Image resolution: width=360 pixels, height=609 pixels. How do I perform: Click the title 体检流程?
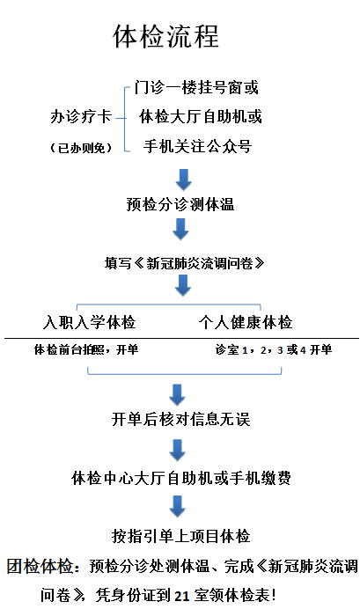tap(165, 36)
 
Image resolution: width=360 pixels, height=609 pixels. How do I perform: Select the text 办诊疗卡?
tap(81, 116)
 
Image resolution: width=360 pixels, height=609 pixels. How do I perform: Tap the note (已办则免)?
tap(81, 148)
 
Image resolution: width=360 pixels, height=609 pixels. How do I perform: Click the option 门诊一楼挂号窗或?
tap(196, 87)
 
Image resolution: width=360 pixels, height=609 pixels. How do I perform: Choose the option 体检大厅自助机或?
tap(201, 116)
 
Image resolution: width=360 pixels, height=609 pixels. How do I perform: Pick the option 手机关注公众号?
tap(197, 146)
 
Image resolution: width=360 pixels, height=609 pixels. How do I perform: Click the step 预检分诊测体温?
tap(180, 204)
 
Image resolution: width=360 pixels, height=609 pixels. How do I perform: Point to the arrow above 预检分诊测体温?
tap(183, 180)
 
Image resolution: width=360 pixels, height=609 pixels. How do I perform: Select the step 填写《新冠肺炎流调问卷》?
tap(185, 263)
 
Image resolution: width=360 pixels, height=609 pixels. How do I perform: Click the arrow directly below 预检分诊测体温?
tap(180, 229)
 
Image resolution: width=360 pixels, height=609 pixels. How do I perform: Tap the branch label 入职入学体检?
tap(89, 322)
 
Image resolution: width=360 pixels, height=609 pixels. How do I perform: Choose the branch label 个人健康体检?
tap(246, 322)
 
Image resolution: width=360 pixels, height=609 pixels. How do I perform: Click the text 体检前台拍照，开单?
tap(86, 349)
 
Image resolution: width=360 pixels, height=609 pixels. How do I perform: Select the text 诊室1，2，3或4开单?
tap(274, 349)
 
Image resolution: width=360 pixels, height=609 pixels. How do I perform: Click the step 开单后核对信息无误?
tap(181, 419)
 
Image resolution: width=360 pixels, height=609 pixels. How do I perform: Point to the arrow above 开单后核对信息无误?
tap(177, 395)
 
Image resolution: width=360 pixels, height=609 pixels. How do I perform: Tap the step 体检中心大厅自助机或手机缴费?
tap(181, 478)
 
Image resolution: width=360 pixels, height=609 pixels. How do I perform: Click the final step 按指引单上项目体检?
tap(181, 536)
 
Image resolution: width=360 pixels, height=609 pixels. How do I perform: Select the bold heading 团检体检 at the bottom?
tap(40, 566)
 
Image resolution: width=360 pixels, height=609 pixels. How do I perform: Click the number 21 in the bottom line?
tap(182, 595)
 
